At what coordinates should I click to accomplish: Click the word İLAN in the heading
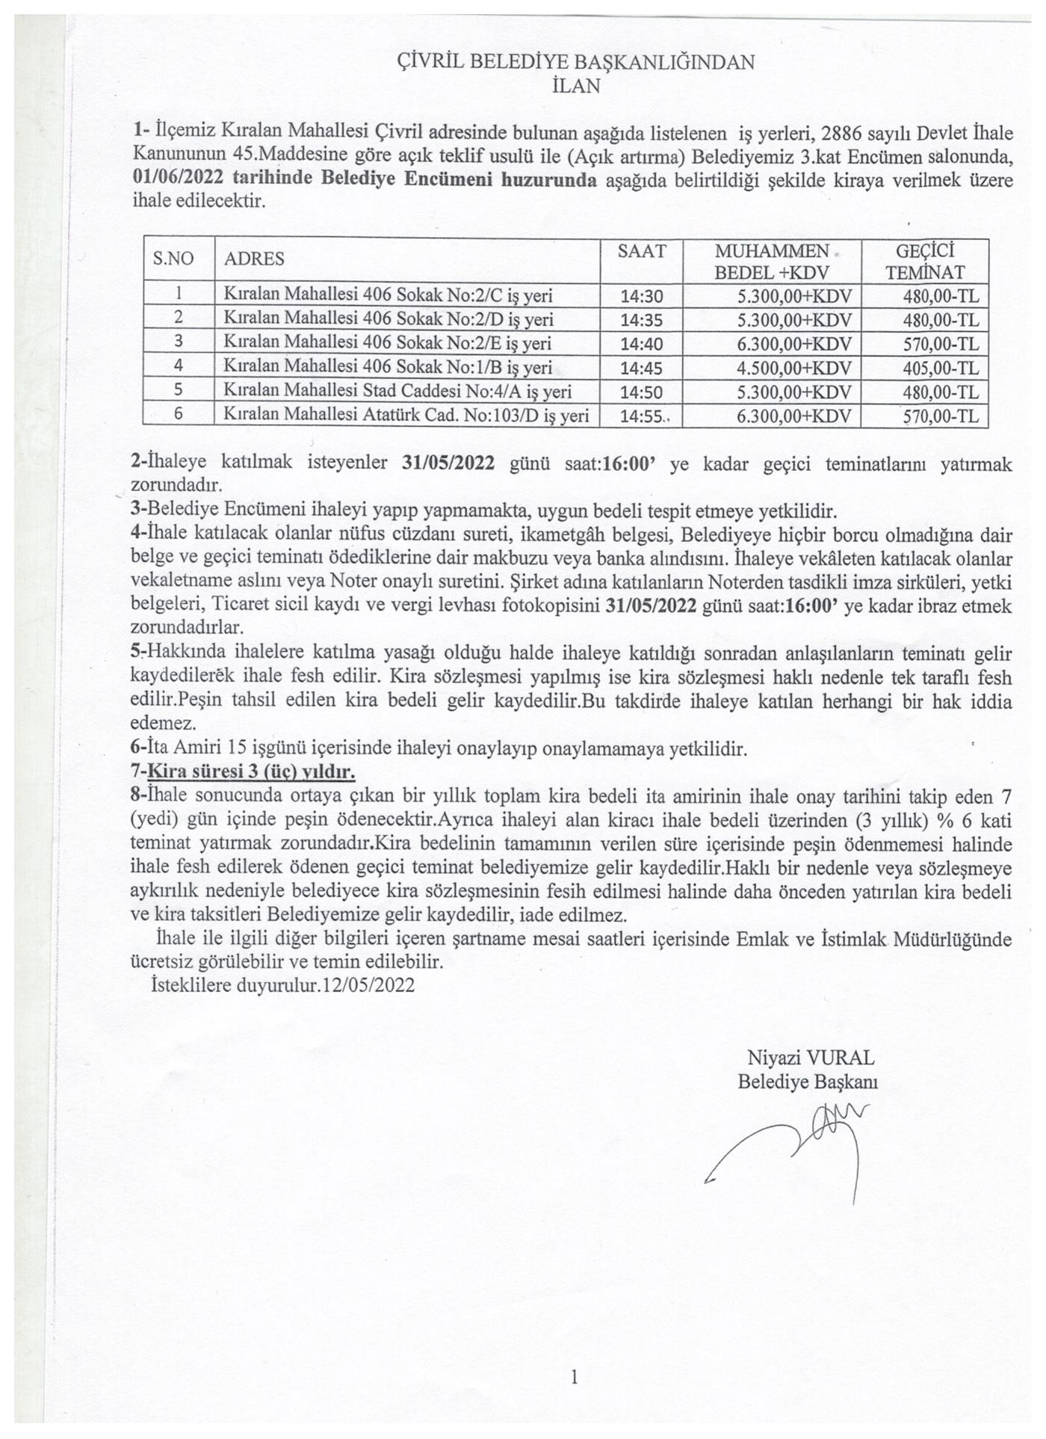[575, 86]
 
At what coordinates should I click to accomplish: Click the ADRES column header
[254, 259]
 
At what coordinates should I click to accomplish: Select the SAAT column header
[641, 251]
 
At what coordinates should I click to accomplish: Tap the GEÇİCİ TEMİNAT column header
[924, 261]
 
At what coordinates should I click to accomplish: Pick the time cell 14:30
[641, 297]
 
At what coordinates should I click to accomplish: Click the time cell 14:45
[641, 368]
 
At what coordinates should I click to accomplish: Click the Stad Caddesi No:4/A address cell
[397, 392]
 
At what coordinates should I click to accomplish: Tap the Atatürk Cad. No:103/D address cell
[406, 416]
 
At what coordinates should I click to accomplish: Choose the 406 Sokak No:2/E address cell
[388, 343]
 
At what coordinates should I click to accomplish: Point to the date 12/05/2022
[368, 985]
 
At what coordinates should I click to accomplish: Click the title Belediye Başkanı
[808, 1082]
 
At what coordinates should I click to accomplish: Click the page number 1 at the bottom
[574, 1376]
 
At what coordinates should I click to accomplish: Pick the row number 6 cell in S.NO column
[179, 415]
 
